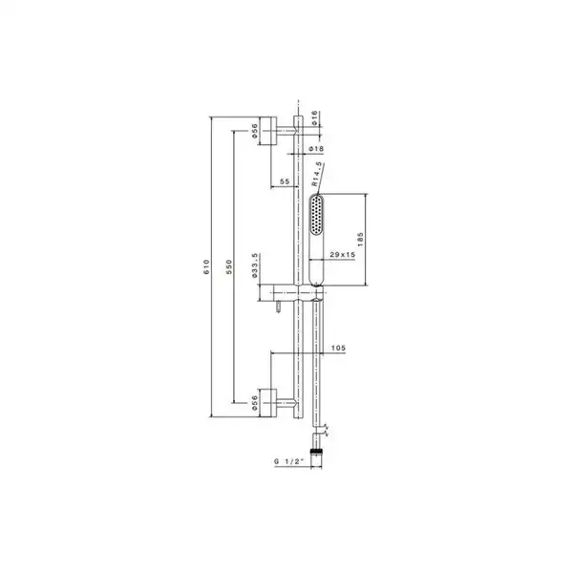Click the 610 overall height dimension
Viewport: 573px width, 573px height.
pyautogui.click(x=206, y=266)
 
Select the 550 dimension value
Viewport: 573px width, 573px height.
pyautogui.click(x=229, y=266)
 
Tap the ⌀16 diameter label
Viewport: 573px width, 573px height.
pyautogui.click(x=314, y=118)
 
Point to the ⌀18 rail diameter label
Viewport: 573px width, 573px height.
pyautogui.click(x=316, y=149)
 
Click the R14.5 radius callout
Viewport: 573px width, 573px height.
pyautogui.click(x=317, y=175)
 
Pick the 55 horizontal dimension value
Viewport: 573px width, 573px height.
pyautogui.click(x=285, y=181)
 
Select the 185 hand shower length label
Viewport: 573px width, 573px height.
pyautogui.click(x=360, y=240)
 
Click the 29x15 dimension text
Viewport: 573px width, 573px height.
pyautogui.click(x=343, y=254)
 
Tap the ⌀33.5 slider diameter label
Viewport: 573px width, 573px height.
pyautogui.click(x=255, y=265)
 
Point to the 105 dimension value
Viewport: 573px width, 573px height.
pyautogui.click(x=338, y=348)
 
